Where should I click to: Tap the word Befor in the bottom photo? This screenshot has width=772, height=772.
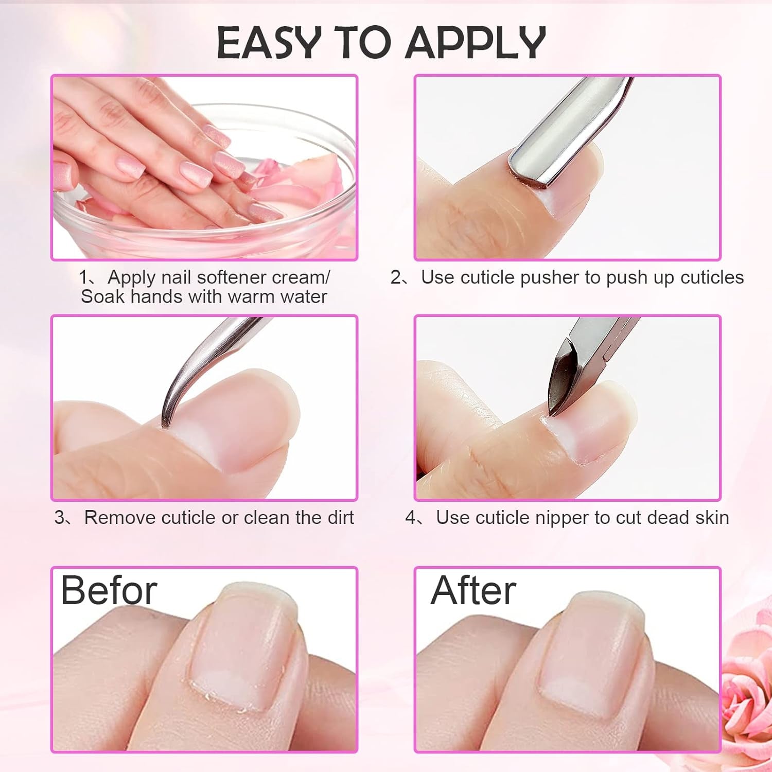pos(109,591)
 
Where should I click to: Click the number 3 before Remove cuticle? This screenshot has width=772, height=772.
pos(60,517)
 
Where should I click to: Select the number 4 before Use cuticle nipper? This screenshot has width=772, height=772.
pos(411,517)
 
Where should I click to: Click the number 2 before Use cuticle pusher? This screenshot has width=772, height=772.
pos(396,277)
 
